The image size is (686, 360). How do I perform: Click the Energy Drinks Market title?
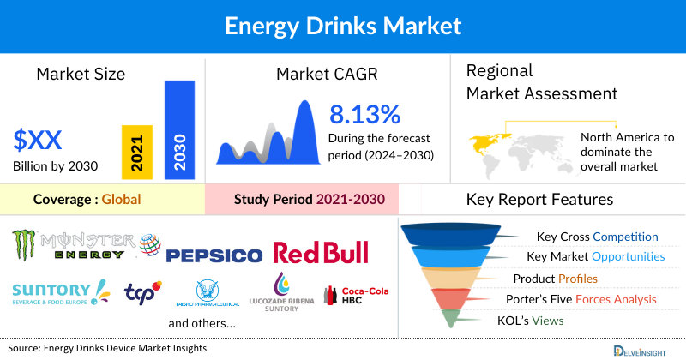(342, 26)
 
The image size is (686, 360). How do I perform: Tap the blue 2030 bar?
(180, 129)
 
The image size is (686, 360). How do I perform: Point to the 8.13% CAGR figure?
(364, 115)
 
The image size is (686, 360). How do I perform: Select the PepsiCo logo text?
(214, 255)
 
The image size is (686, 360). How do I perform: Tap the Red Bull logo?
(320, 252)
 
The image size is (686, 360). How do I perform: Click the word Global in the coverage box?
(121, 200)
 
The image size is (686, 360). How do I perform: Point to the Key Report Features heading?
(539, 200)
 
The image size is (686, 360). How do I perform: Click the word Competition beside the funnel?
(626, 237)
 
